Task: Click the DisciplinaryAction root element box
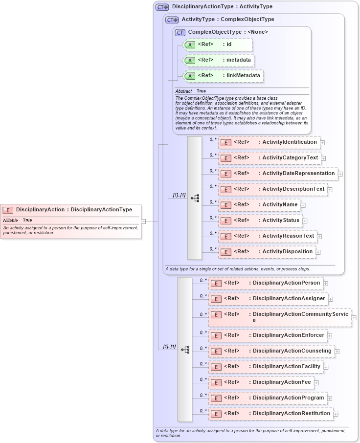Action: coord(71,210)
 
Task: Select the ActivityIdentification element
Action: coord(269,142)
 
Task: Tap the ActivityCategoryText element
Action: coord(270,158)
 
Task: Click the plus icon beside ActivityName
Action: coord(303,205)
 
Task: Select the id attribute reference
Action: coord(217,45)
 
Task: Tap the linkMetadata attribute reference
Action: coord(223,76)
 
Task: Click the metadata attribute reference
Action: coord(218,61)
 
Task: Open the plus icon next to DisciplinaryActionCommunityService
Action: coord(354,317)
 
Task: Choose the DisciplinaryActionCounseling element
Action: coord(271,351)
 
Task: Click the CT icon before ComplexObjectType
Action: coord(180,32)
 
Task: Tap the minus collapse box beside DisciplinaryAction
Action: coord(143,221)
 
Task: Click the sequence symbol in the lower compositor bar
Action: coord(185,350)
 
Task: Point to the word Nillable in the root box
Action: coord(11,221)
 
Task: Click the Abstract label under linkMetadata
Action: coord(183,91)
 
